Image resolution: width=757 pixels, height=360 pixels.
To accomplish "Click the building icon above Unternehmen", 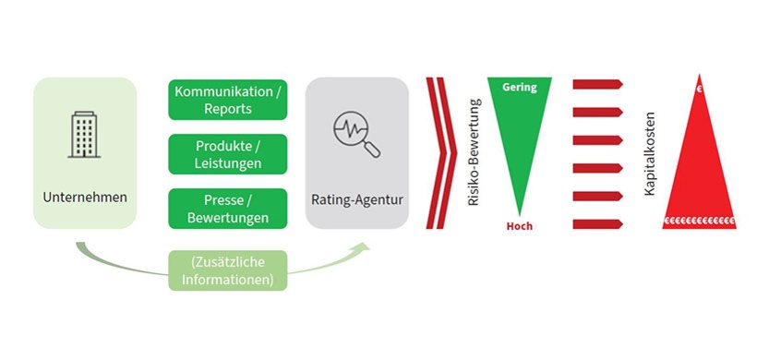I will tap(85, 136).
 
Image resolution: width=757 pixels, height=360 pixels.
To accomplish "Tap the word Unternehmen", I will tap(85, 197).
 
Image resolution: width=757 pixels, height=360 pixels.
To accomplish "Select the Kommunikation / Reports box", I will tap(227, 101).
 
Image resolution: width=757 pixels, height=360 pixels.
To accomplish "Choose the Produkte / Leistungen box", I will tap(227, 155).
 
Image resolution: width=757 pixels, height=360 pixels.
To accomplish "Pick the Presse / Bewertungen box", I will tap(227, 209).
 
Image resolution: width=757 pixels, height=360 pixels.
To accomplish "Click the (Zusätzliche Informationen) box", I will tap(227, 270).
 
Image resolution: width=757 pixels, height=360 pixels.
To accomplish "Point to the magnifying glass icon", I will tap(356, 137).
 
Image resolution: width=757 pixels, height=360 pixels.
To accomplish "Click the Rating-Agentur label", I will tap(357, 198).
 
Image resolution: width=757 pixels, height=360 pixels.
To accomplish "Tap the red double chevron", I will tap(441, 152).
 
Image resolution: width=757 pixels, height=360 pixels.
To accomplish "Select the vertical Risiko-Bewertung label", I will tap(475, 152).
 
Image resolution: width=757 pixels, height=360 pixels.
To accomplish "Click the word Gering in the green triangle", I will tap(520, 88).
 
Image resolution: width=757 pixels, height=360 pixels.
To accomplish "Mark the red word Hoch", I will tap(520, 226).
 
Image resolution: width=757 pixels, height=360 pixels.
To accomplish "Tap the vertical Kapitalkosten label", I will tap(650, 152).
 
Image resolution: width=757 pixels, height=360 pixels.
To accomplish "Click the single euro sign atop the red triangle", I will tap(700, 90).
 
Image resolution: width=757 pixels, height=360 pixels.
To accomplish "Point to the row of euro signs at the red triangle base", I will tap(700, 222).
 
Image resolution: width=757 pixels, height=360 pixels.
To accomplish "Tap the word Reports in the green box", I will tap(227, 109).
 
